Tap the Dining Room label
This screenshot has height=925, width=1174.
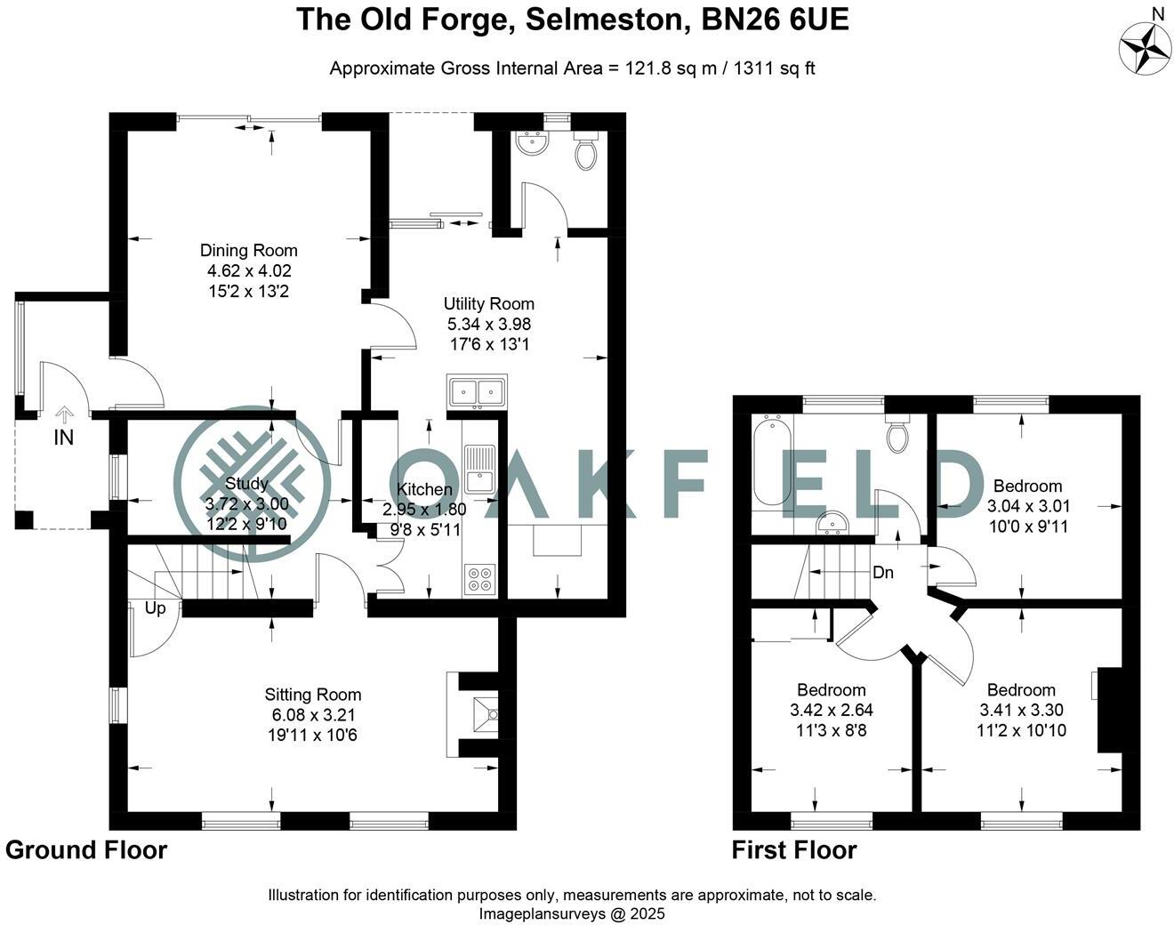248,251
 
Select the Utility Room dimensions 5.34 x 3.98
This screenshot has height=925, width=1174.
488,324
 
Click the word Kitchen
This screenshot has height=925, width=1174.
424,489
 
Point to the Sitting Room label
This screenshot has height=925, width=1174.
313,695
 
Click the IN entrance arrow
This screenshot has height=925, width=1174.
64,415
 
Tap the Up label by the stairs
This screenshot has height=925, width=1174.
155,609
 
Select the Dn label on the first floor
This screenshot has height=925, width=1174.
882,573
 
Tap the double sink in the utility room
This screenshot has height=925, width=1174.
478,391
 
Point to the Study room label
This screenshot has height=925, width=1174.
246,484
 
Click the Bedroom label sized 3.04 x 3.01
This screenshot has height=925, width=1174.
1027,486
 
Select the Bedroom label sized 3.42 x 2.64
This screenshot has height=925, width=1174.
831,690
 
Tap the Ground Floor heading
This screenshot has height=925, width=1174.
86,850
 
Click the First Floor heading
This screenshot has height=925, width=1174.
794,850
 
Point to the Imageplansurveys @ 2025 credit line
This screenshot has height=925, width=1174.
572,913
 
